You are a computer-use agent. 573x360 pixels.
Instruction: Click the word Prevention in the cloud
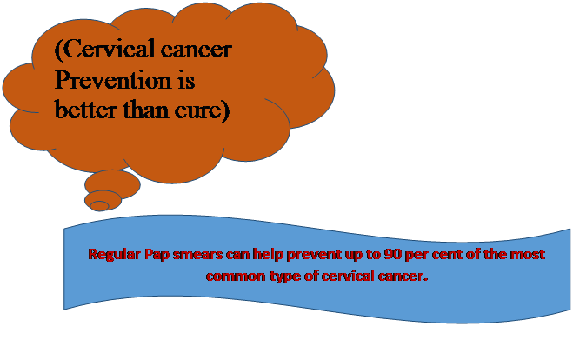click(x=113, y=79)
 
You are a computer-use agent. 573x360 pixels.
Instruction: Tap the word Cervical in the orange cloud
click(x=109, y=49)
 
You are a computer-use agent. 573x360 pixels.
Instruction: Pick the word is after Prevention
click(x=186, y=79)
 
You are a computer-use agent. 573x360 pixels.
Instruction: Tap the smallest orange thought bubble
click(x=99, y=206)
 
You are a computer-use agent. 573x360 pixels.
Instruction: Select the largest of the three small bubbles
click(x=112, y=183)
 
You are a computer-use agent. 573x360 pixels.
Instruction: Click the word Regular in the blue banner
click(x=114, y=255)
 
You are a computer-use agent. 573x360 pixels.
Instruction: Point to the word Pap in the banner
click(x=157, y=255)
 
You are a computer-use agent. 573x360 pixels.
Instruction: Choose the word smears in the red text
click(x=197, y=255)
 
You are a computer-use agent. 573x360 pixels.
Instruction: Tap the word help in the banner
click(x=268, y=255)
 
